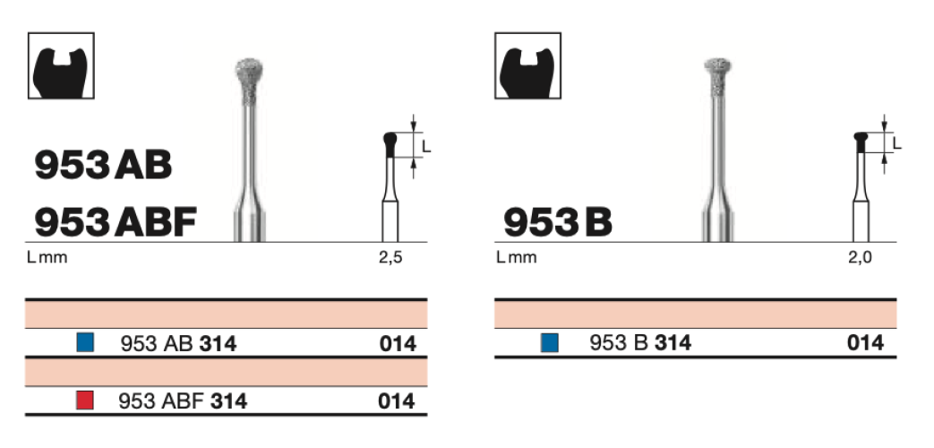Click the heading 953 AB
click(x=103, y=165)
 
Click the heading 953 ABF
click(x=116, y=221)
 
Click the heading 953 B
click(x=558, y=221)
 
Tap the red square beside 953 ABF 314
click(x=85, y=401)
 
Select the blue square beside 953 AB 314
click(x=85, y=343)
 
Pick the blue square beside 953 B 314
click(x=550, y=343)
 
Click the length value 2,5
click(x=391, y=258)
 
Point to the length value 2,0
click(x=861, y=258)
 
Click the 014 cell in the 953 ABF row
click(x=397, y=401)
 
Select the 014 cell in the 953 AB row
click(x=397, y=343)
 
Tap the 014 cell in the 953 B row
click(x=865, y=343)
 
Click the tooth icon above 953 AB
click(x=62, y=66)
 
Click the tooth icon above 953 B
click(x=528, y=66)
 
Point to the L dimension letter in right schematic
click(x=896, y=143)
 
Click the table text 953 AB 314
click(x=178, y=343)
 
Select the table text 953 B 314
click(x=640, y=343)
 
